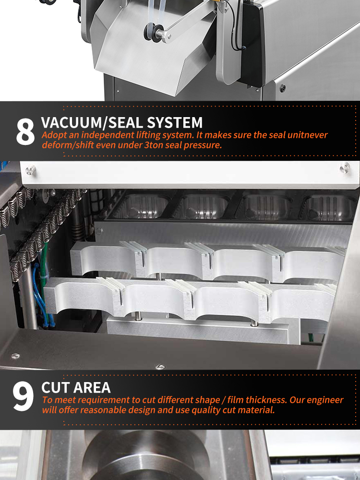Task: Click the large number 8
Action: click(x=25, y=132)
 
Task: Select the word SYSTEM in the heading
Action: click(x=175, y=122)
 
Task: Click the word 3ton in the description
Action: click(x=154, y=145)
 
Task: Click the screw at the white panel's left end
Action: click(x=30, y=170)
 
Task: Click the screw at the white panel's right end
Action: click(x=345, y=168)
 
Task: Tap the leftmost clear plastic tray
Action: click(x=139, y=206)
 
